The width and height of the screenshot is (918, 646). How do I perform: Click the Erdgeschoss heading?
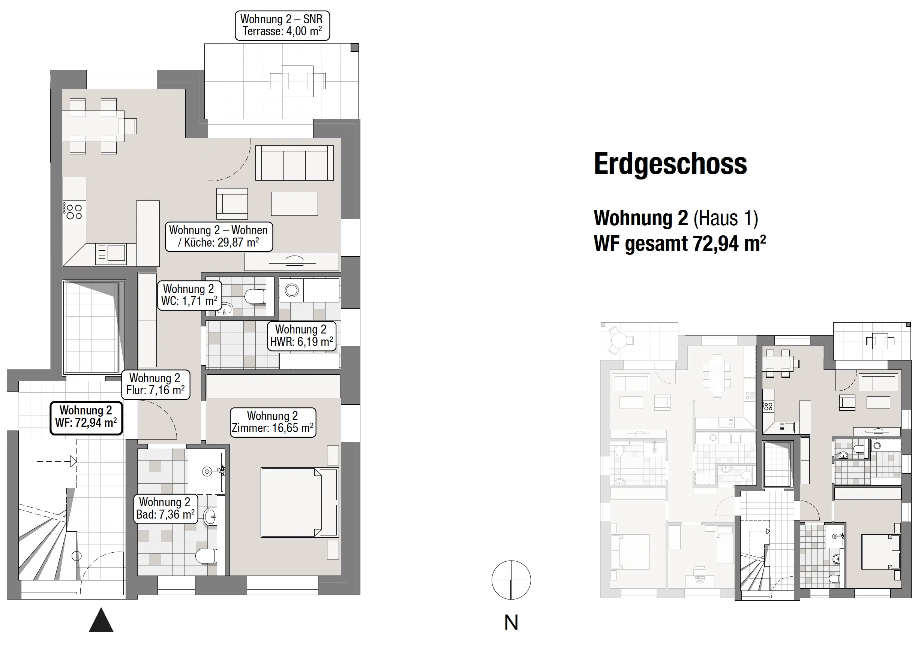(x=670, y=164)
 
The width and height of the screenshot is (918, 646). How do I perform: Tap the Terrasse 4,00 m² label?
(x=282, y=25)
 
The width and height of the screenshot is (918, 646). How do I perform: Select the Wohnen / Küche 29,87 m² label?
(x=219, y=236)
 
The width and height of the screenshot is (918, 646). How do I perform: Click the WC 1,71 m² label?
(x=189, y=295)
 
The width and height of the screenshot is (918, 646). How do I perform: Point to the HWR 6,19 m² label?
(x=302, y=336)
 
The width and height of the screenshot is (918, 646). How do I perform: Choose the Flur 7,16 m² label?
(x=156, y=384)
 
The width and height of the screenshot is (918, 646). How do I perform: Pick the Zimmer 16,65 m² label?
(x=273, y=422)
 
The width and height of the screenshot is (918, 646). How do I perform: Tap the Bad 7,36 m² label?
(x=165, y=508)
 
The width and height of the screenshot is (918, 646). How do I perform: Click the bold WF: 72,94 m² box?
(x=86, y=417)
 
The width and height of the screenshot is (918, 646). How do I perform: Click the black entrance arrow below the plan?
(x=101, y=620)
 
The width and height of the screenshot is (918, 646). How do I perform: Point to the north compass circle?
(x=511, y=580)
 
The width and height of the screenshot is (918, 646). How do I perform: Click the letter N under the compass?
(x=511, y=622)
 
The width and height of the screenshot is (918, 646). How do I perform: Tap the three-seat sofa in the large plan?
(x=295, y=163)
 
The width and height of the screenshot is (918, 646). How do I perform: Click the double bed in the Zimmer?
(x=300, y=502)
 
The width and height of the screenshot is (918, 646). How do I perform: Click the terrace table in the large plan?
(x=297, y=81)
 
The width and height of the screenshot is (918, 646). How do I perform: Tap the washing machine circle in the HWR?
(x=292, y=290)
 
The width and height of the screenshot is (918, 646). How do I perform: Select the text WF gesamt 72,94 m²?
(x=680, y=243)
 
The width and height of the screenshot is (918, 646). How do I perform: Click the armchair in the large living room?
(x=232, y=204)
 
